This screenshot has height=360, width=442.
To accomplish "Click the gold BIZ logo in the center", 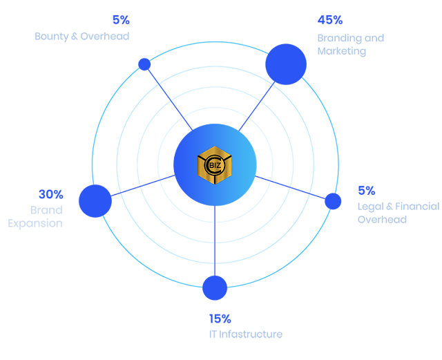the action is coord(215,166).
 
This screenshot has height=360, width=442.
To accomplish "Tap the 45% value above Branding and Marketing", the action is coord(330,21).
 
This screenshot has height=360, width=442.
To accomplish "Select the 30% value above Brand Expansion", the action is coord(50,194).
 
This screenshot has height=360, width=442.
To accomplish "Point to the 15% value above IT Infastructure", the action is coord(220,319).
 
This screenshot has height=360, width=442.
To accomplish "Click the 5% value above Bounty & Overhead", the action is coord(121,20).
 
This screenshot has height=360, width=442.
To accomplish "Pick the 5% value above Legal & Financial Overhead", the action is coord(366,191).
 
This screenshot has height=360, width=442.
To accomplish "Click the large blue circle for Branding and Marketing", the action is coord(286,64).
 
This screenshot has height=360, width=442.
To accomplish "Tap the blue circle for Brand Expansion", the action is coord(95,200).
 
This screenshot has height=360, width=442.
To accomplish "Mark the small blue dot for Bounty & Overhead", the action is coord(144,64).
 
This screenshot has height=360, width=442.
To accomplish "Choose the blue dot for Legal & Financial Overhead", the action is coord(333,201).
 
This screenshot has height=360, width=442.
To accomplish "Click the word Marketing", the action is coord(341,51).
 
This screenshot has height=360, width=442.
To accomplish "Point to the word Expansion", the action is coord(35,224).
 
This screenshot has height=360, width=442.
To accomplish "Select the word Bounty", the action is coord(52,36).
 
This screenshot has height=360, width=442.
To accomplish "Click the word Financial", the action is coord(416,206).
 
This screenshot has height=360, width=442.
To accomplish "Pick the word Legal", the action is coord(369,206).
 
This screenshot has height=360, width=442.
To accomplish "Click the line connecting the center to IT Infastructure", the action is coord(215,242).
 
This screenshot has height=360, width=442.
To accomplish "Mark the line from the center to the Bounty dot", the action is coord(169,97).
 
